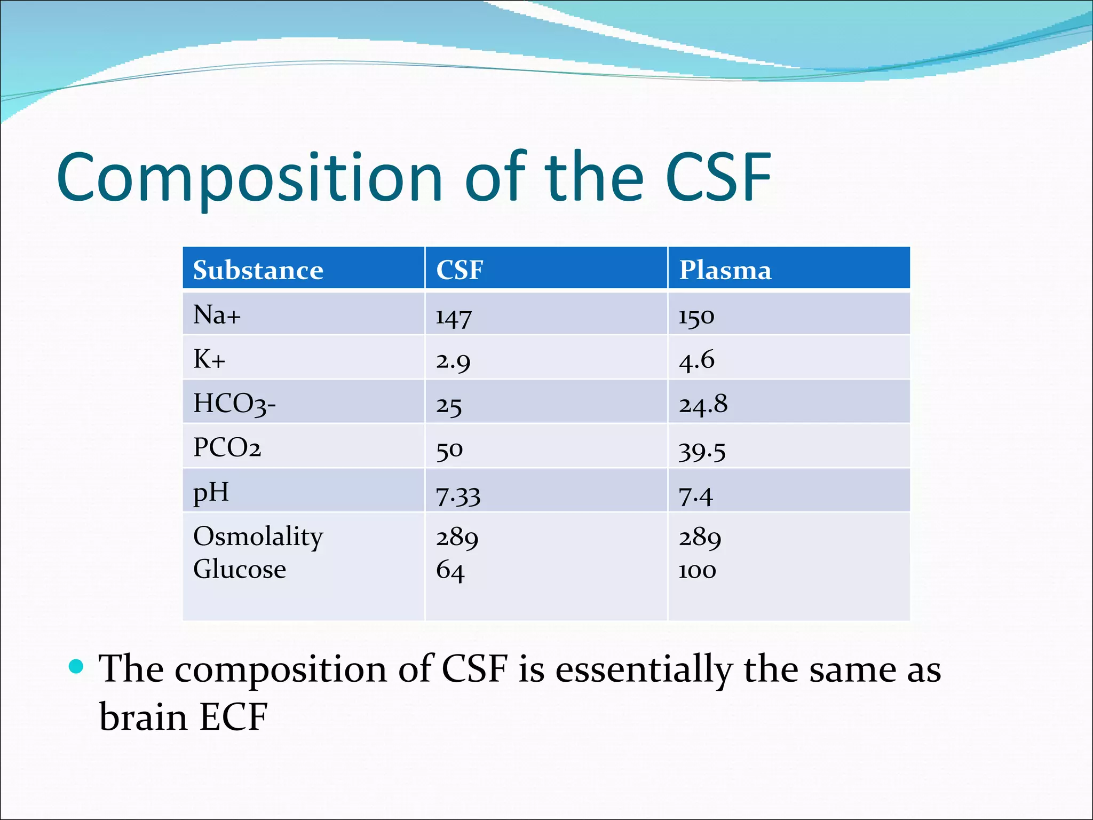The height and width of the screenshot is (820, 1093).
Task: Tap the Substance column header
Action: coord(258,270)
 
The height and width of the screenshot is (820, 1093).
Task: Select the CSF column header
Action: coord(460,270)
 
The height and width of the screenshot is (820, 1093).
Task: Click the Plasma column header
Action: coord(725,270)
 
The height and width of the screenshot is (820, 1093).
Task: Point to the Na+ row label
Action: coord(217,315)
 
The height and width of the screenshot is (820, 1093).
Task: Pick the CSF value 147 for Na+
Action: coord(453,317)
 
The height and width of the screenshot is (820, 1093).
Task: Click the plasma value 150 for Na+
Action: coord(696,317)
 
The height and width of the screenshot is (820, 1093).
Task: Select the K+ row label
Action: coord(209,359)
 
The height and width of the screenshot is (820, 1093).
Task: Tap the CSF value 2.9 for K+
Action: coord(453,361)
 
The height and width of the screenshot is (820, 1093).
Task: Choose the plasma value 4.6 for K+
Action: coord(696,361)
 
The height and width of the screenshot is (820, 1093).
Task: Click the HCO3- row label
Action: coord(234,404)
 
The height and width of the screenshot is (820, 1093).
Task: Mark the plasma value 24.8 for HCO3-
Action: coord(702,405)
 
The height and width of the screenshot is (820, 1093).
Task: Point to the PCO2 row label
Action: coord(227,448)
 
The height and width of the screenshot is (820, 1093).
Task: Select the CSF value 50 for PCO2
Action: coord(449,450)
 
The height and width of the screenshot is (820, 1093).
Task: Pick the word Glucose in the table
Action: coord(239,569)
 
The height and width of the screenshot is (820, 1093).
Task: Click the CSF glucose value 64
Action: coord(450,571)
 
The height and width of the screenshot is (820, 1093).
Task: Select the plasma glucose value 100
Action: coord(696,571)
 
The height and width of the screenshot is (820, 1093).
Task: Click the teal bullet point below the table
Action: coord(77,666)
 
